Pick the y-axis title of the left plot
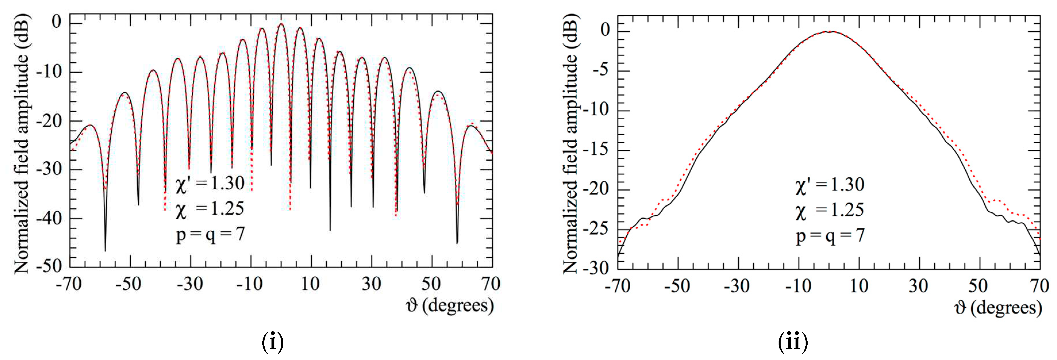[x=21, y=144]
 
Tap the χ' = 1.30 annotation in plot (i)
[x=210, y=184]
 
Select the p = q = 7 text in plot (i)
[x=210, y=235]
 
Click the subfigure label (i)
[x=272, y=342]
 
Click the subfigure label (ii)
[x=793, y=342]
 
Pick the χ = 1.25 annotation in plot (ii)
[x=830, y=211]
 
